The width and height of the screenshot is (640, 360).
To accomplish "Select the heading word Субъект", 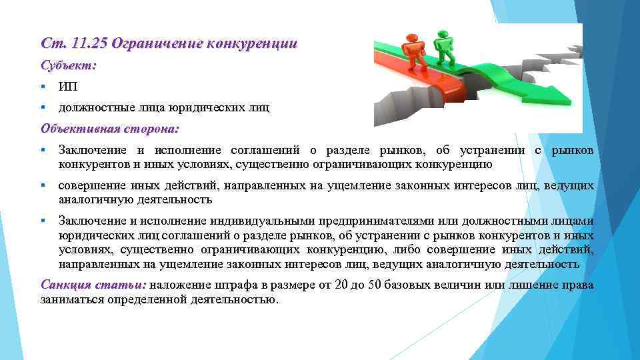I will [x=68, y=66].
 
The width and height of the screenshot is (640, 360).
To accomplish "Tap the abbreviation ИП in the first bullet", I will [x=67, y=87].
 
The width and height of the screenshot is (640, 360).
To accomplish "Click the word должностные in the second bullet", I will [x=89, y=107].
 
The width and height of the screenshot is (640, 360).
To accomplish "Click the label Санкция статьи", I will [x=93, y=285].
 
